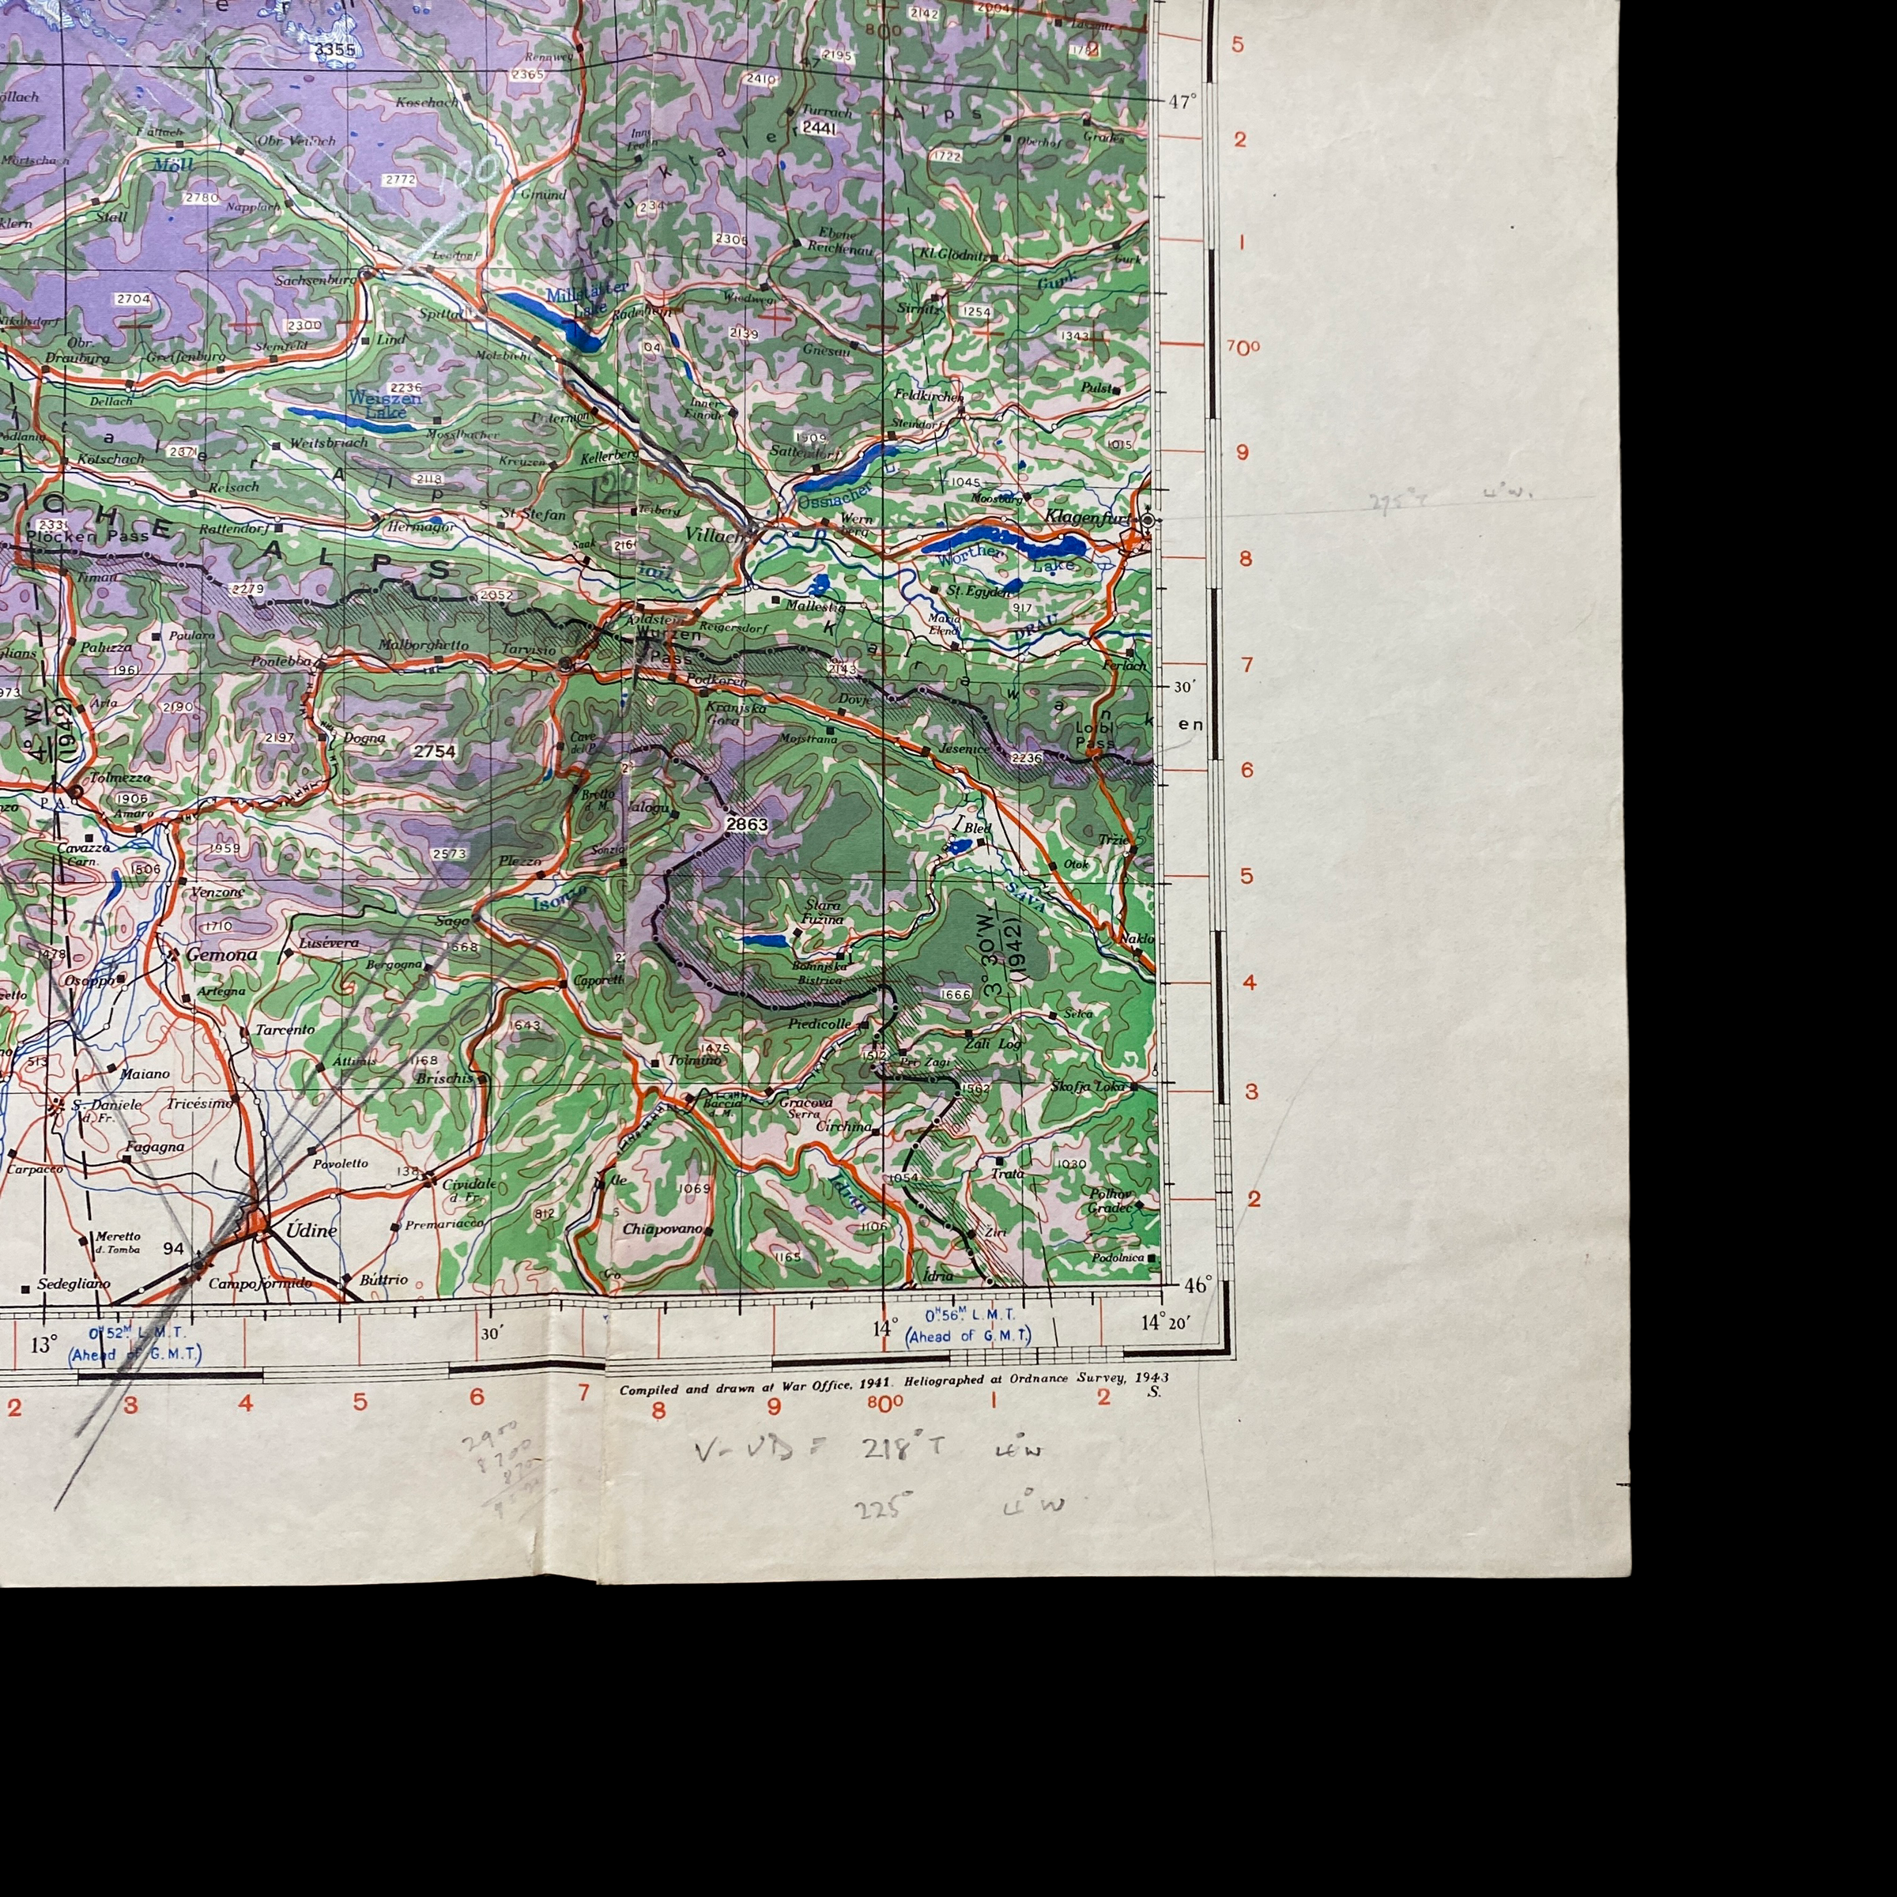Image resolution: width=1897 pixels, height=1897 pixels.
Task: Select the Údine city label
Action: (x=311, y=1231)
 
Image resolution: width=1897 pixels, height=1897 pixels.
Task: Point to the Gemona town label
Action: (x=221, y=954)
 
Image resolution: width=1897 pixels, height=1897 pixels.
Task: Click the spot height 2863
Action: (x=746, y=824)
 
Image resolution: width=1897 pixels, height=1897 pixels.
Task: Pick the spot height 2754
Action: (x=434, y=751)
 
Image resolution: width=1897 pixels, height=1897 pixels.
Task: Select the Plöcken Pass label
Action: (x=89, y=536)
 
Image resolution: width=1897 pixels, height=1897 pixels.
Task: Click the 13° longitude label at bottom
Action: (x=44, y=1344)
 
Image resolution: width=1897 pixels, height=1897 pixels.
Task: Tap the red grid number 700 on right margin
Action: (x=1242, y=348)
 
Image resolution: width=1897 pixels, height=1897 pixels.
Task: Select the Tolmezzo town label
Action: (x=120, y=778)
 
